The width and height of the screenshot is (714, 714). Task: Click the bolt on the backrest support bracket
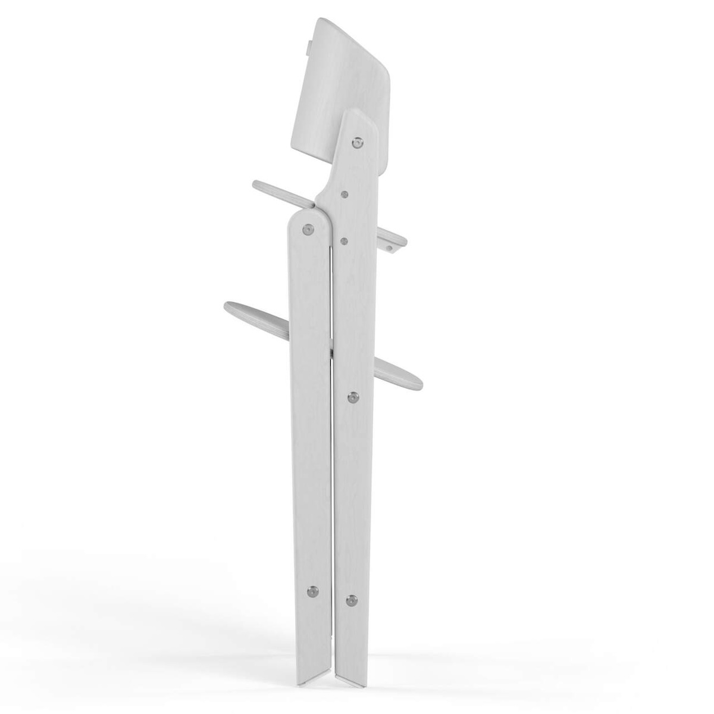(x=357, y=143)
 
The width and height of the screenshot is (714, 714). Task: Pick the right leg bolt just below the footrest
(x=352, y=397)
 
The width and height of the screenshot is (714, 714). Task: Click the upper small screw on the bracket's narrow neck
(x=345, y=193)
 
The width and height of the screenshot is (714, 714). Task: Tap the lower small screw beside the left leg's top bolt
(x=344, y=240)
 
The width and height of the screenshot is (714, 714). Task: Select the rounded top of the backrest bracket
(x=357, y=116)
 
